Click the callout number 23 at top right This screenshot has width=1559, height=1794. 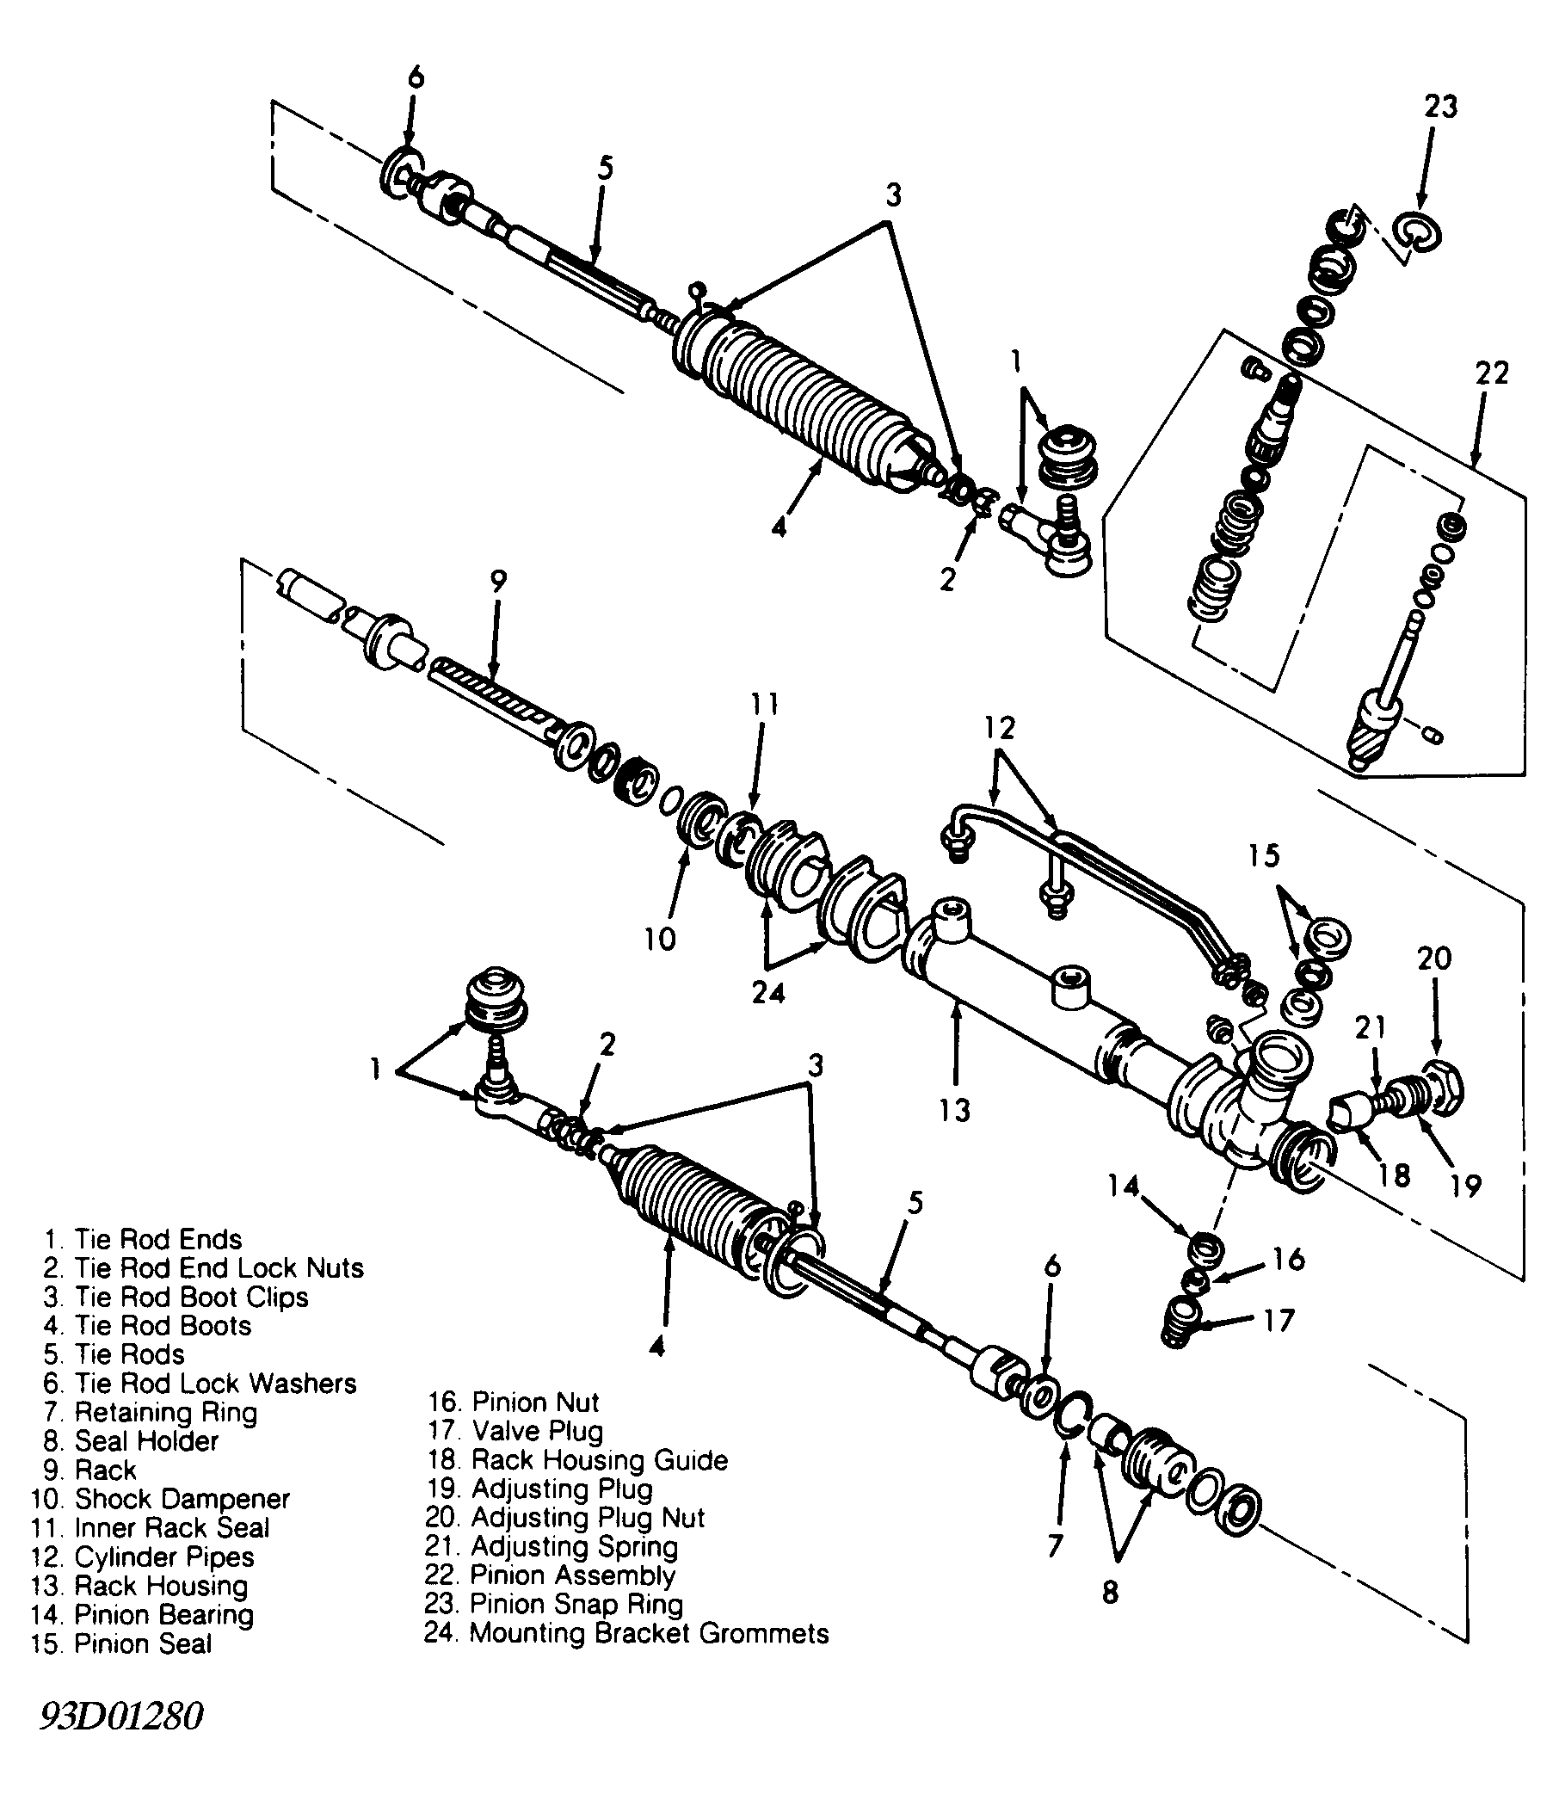click(x=1439, y=106)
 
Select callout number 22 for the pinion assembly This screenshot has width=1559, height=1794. click(x=1491, y=373)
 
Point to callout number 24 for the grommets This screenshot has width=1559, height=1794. click(x=768, y=992)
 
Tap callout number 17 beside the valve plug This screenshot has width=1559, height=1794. click(x=1278, y=1320)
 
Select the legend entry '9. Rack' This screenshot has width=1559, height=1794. click(x=89, y=1470)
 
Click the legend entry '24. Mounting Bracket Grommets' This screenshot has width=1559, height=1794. click(x=626, y=1633)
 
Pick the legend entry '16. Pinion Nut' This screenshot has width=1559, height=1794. click(x=514, y=1402)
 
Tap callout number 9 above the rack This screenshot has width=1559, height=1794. click(x=497, y=581)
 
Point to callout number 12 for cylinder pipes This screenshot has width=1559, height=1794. click(x=1000, y=727)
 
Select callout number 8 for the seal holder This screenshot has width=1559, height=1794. click(x=1110, y=1592)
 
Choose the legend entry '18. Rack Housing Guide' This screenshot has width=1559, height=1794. click(x=577, y=1459)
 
